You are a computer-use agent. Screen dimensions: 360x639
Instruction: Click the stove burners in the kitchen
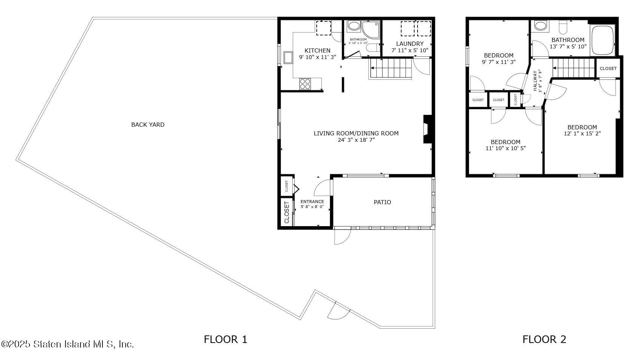[305, 84]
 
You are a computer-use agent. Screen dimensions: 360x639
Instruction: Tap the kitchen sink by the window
[288, 58]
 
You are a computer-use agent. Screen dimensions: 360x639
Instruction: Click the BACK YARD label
[148, 124]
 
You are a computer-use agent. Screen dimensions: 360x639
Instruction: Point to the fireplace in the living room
[427, 129]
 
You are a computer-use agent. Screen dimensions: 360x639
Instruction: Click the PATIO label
[382, 202]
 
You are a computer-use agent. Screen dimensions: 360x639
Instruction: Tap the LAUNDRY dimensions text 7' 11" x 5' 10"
[410, 50]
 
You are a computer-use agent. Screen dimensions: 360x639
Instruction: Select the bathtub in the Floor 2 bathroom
[603, 40]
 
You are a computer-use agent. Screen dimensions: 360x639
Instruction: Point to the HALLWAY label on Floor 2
[535, 81]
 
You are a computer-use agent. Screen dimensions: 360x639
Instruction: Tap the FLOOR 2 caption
[544, 339]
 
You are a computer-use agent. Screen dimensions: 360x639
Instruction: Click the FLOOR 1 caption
[225, 339]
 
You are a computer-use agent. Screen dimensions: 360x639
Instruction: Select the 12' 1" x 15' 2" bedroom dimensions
[582, 133]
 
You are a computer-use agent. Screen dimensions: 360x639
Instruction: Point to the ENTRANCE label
[312, 202]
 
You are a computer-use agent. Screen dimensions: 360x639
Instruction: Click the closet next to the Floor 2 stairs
[608, 68]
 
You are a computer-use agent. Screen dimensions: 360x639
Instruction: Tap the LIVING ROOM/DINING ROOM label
[356, 133]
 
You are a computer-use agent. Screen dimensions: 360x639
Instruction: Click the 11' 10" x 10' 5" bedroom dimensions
[505, 149]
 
